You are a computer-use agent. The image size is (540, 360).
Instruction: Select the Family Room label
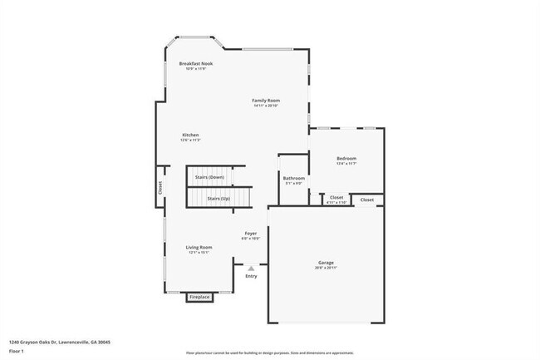pyautogui.click(x=266, y=101)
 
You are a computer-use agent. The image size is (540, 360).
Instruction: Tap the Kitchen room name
pyautogui.click(x=190, y=135)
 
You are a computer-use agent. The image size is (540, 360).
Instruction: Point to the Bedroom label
pyautogui.click(x=346, y=159)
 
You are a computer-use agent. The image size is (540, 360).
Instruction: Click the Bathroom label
pyautogui.click(x=293, y=178)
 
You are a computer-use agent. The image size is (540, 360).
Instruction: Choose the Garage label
pyautogui.click(x=326, y=263)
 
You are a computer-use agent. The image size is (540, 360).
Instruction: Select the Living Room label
pyautogui.click(x=199, y=247)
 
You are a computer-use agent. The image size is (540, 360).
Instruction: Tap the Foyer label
pyautogui.click(x=250, y=234)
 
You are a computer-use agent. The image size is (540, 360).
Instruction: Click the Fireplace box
pyautogui.click(x=199, y=297)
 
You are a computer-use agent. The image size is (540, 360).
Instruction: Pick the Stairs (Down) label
pyautogui.click(x=209, y=177)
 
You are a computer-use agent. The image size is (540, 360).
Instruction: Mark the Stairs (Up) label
pyautogui.click(x=218, y=199)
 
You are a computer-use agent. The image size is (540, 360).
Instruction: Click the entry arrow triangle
pyautogui.click(x=251, y=268)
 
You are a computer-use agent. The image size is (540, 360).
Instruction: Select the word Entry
pyautogui.click(x=251, y=276)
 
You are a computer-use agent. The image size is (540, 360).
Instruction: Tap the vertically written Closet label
pyautogui.click(x=160, y=189)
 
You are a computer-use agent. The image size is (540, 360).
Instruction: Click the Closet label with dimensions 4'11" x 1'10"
pyautogui.click(x=336, y=198)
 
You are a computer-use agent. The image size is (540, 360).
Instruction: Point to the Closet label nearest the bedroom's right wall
pyautogui.click(x=366, y=200)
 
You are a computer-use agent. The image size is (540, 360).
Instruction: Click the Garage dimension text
pyautogui.click(x=326, y=268)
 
